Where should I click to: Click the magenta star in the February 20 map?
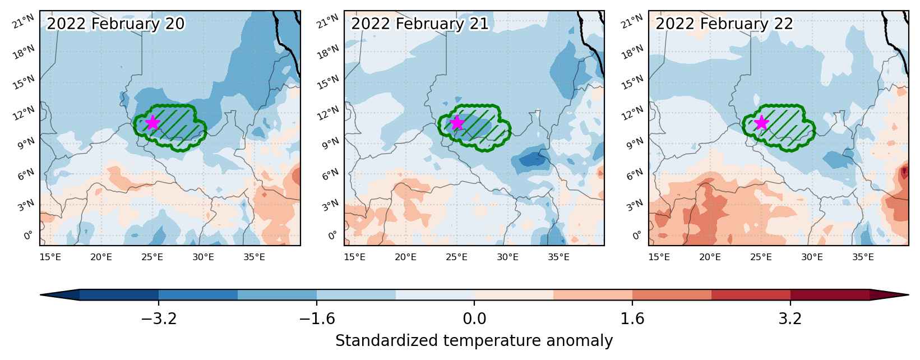pos(153,122)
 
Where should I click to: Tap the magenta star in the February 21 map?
pos(457,122)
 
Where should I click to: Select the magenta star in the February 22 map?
pos(761,122)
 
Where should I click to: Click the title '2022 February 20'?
pos(115,24)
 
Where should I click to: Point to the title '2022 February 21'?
pos(420,24)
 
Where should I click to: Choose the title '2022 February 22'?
pos(724,24)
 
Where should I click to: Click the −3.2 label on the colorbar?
pos(159,319)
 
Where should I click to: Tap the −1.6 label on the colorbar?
pos(317,319)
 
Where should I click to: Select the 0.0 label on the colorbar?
pos(474,319)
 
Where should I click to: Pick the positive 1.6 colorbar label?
pos(632,319)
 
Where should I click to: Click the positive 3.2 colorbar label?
pos(790,319)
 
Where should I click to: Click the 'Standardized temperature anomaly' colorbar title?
pos(474,341)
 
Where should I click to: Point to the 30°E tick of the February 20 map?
pos(204,257)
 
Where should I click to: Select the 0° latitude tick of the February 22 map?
pos(636,235)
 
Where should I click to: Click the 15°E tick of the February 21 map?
pos(354,257)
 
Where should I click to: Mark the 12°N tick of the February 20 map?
pos(24,113)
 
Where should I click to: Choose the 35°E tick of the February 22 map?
pos(863,257)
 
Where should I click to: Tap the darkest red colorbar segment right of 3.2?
pos(830,294)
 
